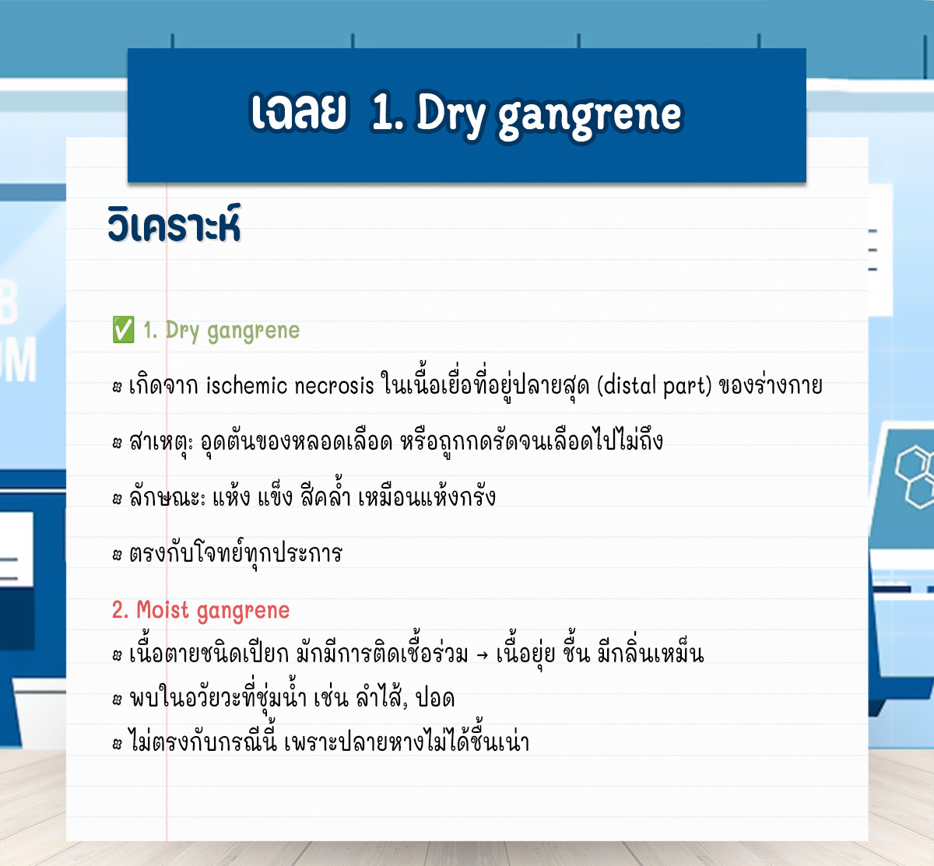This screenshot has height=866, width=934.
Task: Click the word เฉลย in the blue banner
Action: pyautogui.click(x=299, y=112)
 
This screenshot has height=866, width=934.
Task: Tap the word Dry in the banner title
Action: pyautogui.click(x=451, y=114)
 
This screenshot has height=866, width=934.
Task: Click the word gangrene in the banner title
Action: pyautogui.click(x=590, y=117)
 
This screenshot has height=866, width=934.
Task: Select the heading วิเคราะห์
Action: pyautogui.click(x=174, y=224)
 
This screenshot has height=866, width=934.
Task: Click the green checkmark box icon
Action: pyautogui.click(x=123, y=330)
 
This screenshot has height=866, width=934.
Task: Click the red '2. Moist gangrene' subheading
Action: pyautogui.click(x=201, y=610)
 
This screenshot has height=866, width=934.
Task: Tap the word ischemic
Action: pyautogui.click(x=247, y=385)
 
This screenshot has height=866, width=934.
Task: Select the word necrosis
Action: pyautogui.click(x=334, y=386)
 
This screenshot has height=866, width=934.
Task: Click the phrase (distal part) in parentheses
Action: pyautogui.click(x=654, y=386)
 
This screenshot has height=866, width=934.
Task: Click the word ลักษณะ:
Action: pyautogui.click(x=167, y=496)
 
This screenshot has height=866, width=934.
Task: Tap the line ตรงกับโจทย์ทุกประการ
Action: pyautogui.click(x=236, y=552)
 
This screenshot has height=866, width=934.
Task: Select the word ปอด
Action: pyautogui.click(x=436, y=698)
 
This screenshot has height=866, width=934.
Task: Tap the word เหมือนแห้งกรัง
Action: pyautogui.click(x=427, y=496)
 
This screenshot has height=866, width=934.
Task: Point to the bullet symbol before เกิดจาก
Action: pyautogui.click(x=117, y=387)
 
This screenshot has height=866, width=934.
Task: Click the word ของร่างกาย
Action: pyautogui.click(x=771, y=385)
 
